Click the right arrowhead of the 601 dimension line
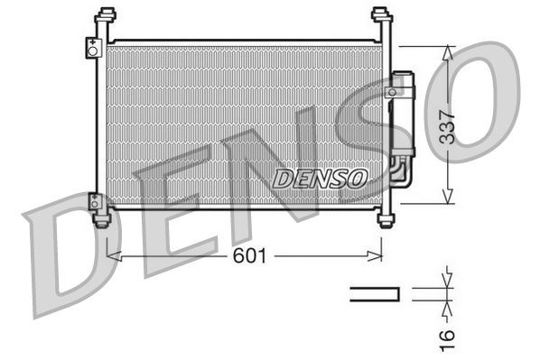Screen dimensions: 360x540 click(x=377, y=257)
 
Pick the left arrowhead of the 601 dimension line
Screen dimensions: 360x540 click(x=111, y=257)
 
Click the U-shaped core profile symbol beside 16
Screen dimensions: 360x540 click(x=375, y=292)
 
